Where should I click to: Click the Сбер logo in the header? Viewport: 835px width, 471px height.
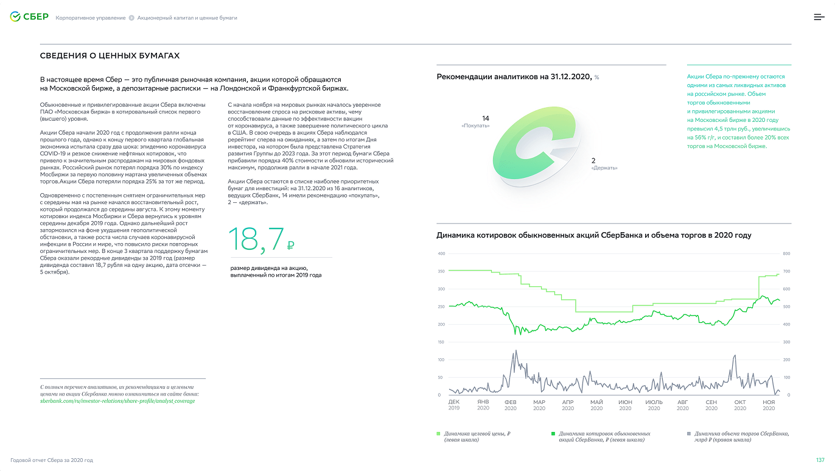[29, 17]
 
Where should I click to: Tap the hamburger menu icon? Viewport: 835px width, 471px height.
[819, 17]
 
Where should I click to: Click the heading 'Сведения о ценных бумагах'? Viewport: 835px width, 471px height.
[110, 55]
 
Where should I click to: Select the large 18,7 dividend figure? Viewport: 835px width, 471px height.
[261, 239]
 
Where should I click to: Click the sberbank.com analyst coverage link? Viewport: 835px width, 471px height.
[117, 401]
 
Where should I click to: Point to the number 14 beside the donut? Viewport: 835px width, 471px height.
[485, 118]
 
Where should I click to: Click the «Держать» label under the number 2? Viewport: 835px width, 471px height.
[604, 168]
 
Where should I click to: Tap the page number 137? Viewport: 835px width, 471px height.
[820, 460]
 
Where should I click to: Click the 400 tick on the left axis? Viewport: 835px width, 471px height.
[441, 254]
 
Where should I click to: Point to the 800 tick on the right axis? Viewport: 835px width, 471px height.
[786, 254]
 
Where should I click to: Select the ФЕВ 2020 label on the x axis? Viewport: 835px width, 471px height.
[511, 405]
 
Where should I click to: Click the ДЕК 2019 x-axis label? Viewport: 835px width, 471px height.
[453, 405]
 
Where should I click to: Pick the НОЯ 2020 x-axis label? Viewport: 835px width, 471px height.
[769, 405]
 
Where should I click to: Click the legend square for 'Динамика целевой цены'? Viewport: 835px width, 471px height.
[438, 434]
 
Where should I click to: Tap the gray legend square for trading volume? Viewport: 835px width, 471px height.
[689, 434]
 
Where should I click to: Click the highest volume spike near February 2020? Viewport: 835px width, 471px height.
[516, 350]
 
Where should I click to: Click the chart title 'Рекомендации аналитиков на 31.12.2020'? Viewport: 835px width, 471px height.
[514, 77]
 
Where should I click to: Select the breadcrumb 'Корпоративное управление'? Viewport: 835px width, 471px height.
[91, 18]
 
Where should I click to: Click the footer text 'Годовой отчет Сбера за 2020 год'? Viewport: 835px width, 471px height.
[52, 460]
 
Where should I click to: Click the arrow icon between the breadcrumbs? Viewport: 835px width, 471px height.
[131, 18]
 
